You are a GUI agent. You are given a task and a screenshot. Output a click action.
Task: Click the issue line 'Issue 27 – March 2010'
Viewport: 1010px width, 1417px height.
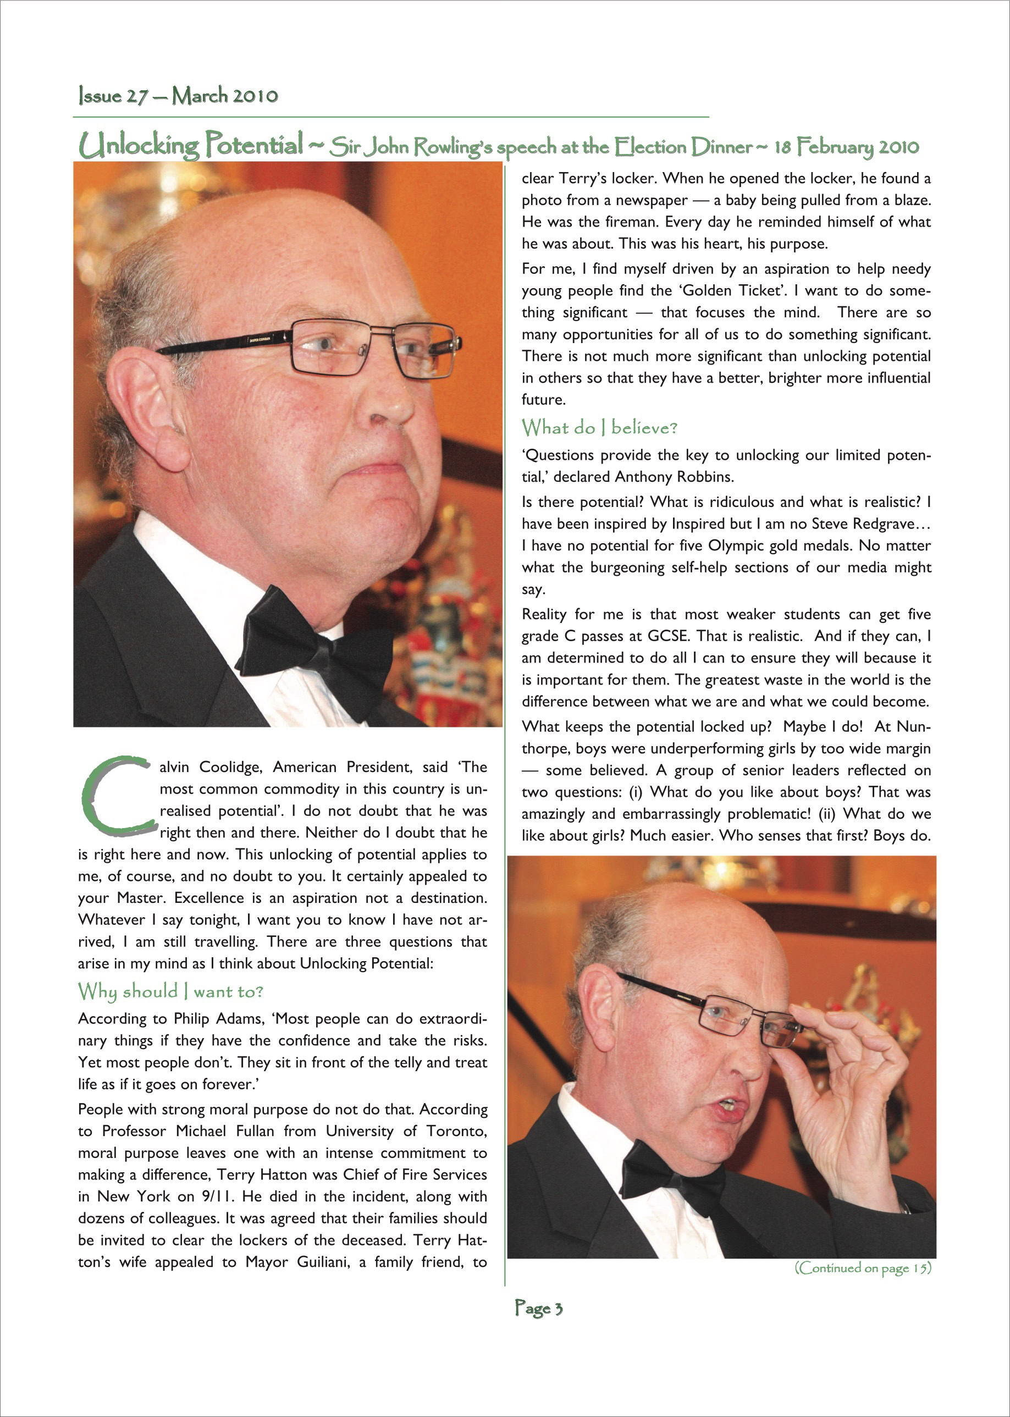point(178,96)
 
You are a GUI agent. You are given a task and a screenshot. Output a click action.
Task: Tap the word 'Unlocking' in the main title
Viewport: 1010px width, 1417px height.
point(138,146)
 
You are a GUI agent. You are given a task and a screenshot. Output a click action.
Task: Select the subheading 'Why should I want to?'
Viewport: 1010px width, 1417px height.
point(170,991)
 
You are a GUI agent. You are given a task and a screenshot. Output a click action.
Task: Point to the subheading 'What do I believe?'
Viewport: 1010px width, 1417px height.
point(599,427)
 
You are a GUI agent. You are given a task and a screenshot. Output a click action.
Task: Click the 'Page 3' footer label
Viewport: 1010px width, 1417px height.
point(539,1308)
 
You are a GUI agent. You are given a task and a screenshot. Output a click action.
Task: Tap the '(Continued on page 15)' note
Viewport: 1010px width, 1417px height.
point(863,1267)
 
